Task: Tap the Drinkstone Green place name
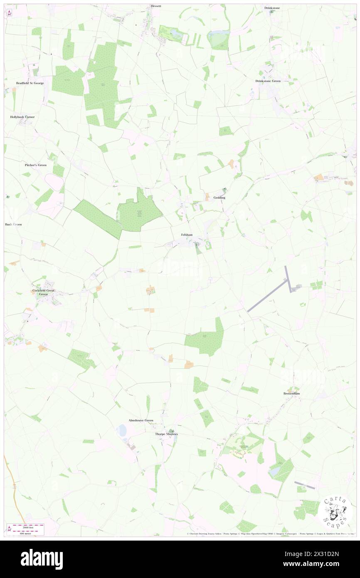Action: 268,81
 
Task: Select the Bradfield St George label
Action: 30,83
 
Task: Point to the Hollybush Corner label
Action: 22,117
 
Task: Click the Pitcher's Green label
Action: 36,165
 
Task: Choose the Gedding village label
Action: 219,198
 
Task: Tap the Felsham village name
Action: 187,235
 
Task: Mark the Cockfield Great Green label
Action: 43,292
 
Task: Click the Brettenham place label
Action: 291,393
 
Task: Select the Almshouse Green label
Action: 141,420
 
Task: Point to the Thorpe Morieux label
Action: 166,434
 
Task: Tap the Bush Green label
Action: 13,225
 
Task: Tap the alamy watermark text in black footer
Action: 42,559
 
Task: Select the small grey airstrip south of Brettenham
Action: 305,485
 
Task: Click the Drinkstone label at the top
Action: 272,8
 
